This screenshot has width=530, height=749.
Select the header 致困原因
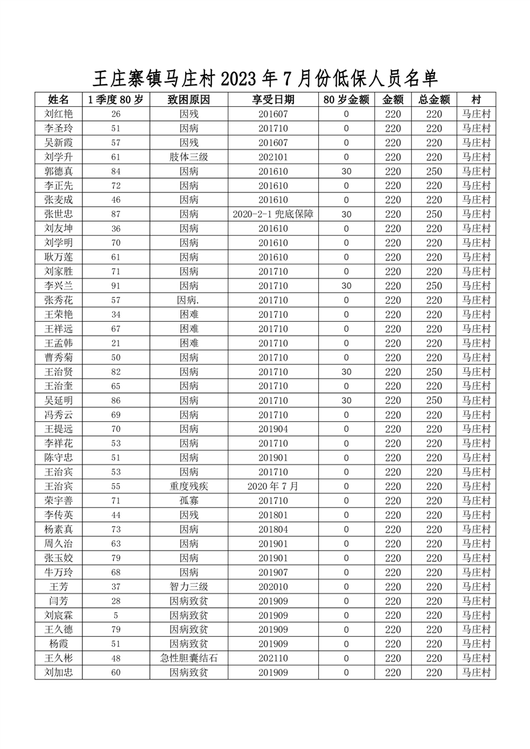tap(188, 99)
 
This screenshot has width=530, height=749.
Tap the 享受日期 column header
tap(273, 99)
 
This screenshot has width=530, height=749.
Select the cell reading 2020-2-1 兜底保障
tap(273, 214)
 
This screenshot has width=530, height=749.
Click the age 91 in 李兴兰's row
tap(116, 286)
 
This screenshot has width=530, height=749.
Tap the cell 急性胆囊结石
tap(188, 658)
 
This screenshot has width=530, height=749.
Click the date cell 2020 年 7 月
tap(273, 487)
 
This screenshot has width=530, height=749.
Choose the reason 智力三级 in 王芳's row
tap(188, 587)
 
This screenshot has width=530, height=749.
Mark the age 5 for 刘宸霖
tap(116, 615)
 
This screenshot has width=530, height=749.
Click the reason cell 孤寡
tap(188, 501)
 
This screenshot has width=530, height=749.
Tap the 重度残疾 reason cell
tap(188, 487)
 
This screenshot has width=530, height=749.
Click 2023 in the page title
tap(239, 79)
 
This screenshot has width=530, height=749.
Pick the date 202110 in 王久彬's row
tap(273, 658)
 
